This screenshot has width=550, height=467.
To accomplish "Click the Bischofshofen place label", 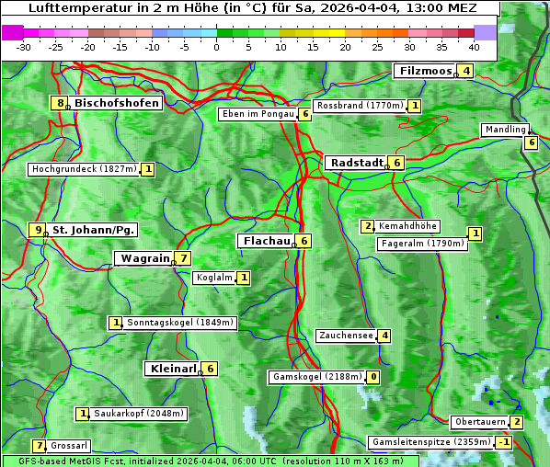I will pyautogui.click(x=117, y=103).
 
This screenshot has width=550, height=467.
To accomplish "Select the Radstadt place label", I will pyautogui.click(x=356, y=163).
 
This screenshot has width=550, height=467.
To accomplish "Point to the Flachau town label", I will pyautogui.click(x=266, y=241).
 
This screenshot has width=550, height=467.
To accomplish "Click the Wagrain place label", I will pyautogui.click(x=145, y=258).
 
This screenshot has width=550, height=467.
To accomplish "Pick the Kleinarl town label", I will pyautogui.click(x=172, y=369).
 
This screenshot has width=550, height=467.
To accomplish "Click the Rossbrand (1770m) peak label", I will pyautogui.click(x=360, y=106).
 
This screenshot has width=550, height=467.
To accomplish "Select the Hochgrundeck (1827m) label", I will pyautogui.click(x=84, y=169).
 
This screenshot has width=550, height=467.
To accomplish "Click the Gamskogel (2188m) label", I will pyautogui.click(x=316, y=377).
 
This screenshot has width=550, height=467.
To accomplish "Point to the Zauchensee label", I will pyautogui.click(x=346, y=336).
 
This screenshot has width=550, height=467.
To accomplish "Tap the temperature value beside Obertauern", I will pyautogui.click(x=517, y=422).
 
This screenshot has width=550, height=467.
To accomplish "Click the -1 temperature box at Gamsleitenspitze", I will pyautogui.click(x=503, y=442).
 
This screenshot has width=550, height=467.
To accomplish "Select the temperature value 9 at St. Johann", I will pyautogui.click(x=38, y=230).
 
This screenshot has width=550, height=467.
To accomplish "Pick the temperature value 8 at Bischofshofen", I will pyautogui.click(x=61, y=103).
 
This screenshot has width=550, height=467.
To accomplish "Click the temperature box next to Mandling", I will pyautogui.click(x=531, y=142).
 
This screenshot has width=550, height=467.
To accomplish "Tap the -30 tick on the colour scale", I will pyautogui.click(x=24, y=47).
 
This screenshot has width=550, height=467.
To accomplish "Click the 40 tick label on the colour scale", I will pyautogui.click(x=474, y=47).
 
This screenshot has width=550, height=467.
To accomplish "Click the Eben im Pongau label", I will pyautogui.click(x=257, y=114).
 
